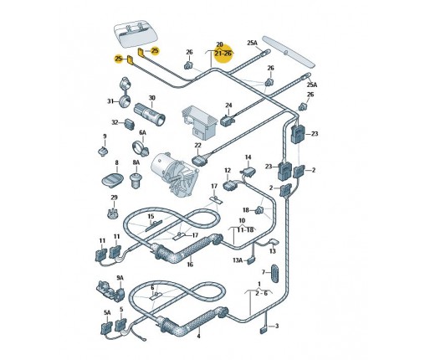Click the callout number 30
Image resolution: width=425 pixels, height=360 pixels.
151,98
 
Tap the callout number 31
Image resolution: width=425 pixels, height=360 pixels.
110,101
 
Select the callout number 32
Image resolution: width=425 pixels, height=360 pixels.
115,122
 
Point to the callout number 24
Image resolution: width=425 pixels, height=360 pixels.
228,105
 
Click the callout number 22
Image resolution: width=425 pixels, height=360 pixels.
197,145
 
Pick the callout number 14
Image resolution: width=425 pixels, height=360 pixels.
248,157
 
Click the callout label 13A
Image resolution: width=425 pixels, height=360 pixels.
238,260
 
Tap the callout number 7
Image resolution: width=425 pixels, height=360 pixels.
264,272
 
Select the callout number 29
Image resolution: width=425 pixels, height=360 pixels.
114,198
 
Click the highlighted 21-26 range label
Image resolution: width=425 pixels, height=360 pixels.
223,53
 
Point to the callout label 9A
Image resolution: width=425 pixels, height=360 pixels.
120,278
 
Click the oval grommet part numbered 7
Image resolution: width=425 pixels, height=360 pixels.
274,274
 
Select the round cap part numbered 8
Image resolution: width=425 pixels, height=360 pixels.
112,179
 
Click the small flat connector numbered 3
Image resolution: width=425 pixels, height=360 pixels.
264,331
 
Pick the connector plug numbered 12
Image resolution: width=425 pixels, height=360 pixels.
230,185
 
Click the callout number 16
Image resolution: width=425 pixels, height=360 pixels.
190,264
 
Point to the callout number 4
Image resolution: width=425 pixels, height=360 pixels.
198,337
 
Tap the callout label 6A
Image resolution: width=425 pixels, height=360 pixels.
142,132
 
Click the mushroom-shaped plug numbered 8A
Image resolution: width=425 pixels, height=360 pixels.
136,181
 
